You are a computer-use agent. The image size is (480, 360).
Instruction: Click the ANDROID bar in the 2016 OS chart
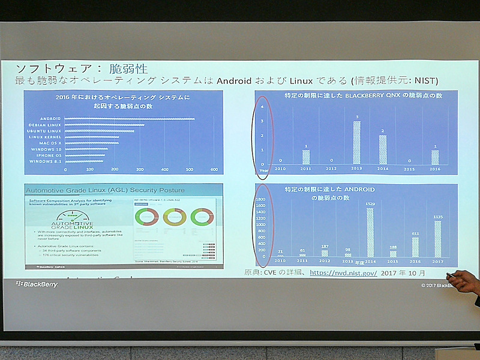129,118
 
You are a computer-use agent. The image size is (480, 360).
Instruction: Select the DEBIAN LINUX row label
47,125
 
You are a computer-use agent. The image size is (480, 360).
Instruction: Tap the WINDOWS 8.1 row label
48,161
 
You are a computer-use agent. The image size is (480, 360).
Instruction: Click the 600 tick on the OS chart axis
213,170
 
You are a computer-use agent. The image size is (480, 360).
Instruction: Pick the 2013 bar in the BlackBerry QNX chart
356,142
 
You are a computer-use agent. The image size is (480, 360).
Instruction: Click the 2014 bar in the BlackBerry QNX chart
383,149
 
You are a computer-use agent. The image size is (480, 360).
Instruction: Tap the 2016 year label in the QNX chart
436,170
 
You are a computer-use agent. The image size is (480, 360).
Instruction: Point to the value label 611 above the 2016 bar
415,233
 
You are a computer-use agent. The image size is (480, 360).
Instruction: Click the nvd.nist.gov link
343,272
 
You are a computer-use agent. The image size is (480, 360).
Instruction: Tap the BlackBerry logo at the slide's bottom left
37,284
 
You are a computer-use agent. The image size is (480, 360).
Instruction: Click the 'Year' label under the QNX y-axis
263,170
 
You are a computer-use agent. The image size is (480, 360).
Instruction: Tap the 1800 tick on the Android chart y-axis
262,199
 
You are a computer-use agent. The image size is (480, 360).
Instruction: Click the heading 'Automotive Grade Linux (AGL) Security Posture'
105,190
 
